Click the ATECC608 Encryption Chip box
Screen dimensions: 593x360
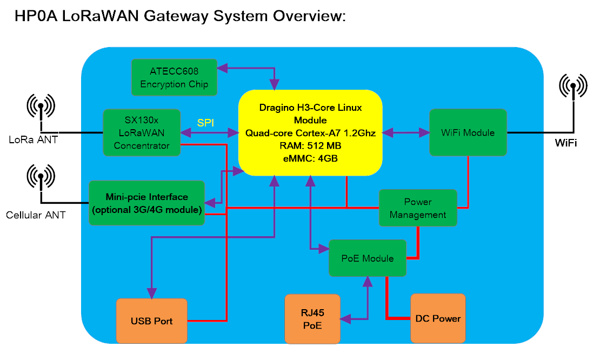[x=175, y=77]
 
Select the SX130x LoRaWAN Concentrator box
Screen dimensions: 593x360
[x=142, y=133]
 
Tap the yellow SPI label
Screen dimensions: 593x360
[x=205, y=123]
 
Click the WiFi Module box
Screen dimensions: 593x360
[x=468, y=132]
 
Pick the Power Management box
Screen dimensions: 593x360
[x=418, y=208]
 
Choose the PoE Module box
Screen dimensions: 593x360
[x=368, y=258]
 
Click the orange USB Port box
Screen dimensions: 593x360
[x=152, y=321]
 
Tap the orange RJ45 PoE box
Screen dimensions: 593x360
[x=312, y=319]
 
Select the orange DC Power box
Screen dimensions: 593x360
[x=438, y=318]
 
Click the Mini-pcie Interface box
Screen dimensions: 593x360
[x=146, y=203]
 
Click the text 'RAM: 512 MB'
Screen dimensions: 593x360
[x=310, y=145]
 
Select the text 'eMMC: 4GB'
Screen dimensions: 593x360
[x=310, y=158]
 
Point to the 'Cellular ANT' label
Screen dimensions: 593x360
[x=36, y=215]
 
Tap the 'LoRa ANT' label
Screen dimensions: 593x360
[x=34, y=140]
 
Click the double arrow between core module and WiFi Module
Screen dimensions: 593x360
[x=406, y=133]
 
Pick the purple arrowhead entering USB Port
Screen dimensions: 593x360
[x=152, y=294]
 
